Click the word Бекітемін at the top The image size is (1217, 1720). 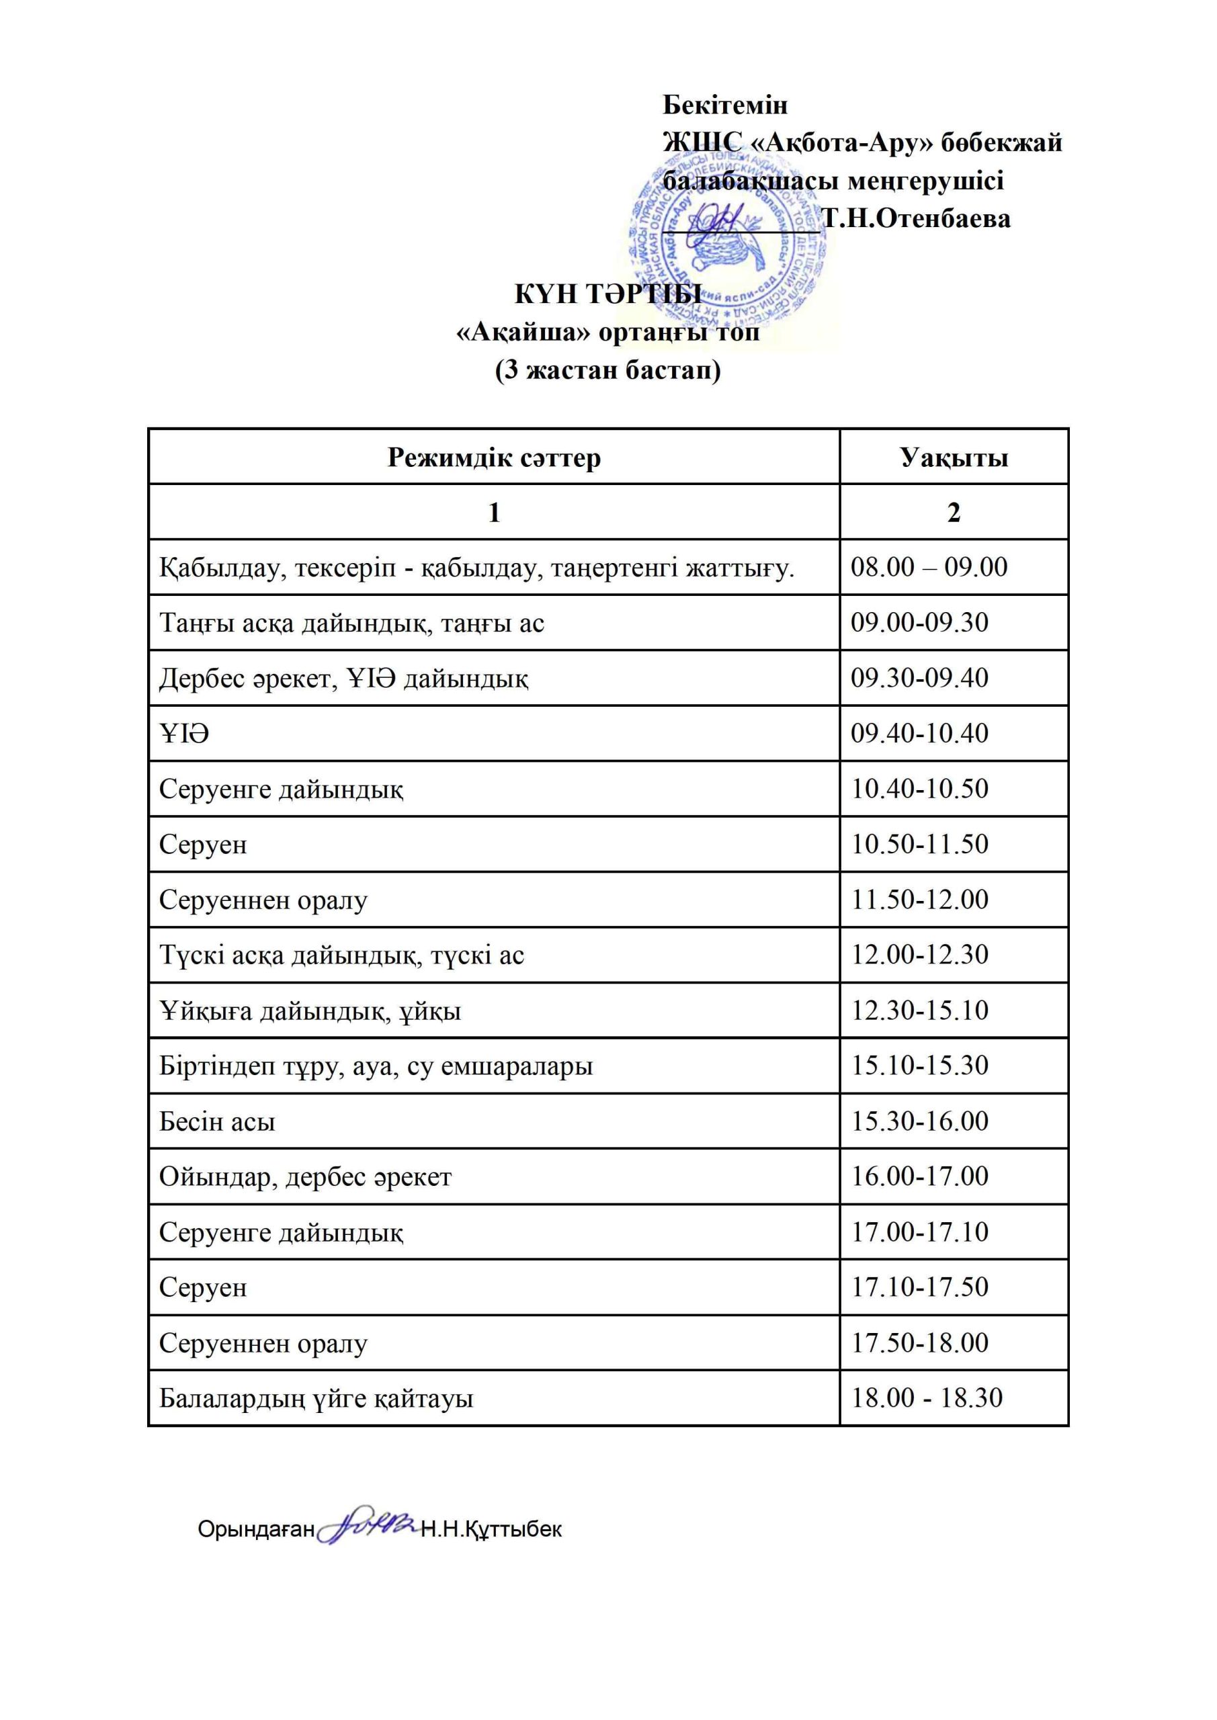coord(724,105)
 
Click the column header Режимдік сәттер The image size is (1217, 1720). coord(494,457)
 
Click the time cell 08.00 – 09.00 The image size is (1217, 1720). coord(929,567)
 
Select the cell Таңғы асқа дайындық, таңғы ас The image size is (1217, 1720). coord(351,623)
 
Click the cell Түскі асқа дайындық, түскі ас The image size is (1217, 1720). coord(342,955)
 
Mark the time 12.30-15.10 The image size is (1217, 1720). coord(919,1010)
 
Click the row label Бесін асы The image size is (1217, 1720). coord(217,1121)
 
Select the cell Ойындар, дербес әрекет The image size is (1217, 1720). coord(305,1177)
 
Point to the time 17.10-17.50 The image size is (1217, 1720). coord(919,1287)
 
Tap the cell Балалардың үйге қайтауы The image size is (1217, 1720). coord(317,1399)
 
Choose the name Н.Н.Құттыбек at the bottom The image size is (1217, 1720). coord(491,1529)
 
